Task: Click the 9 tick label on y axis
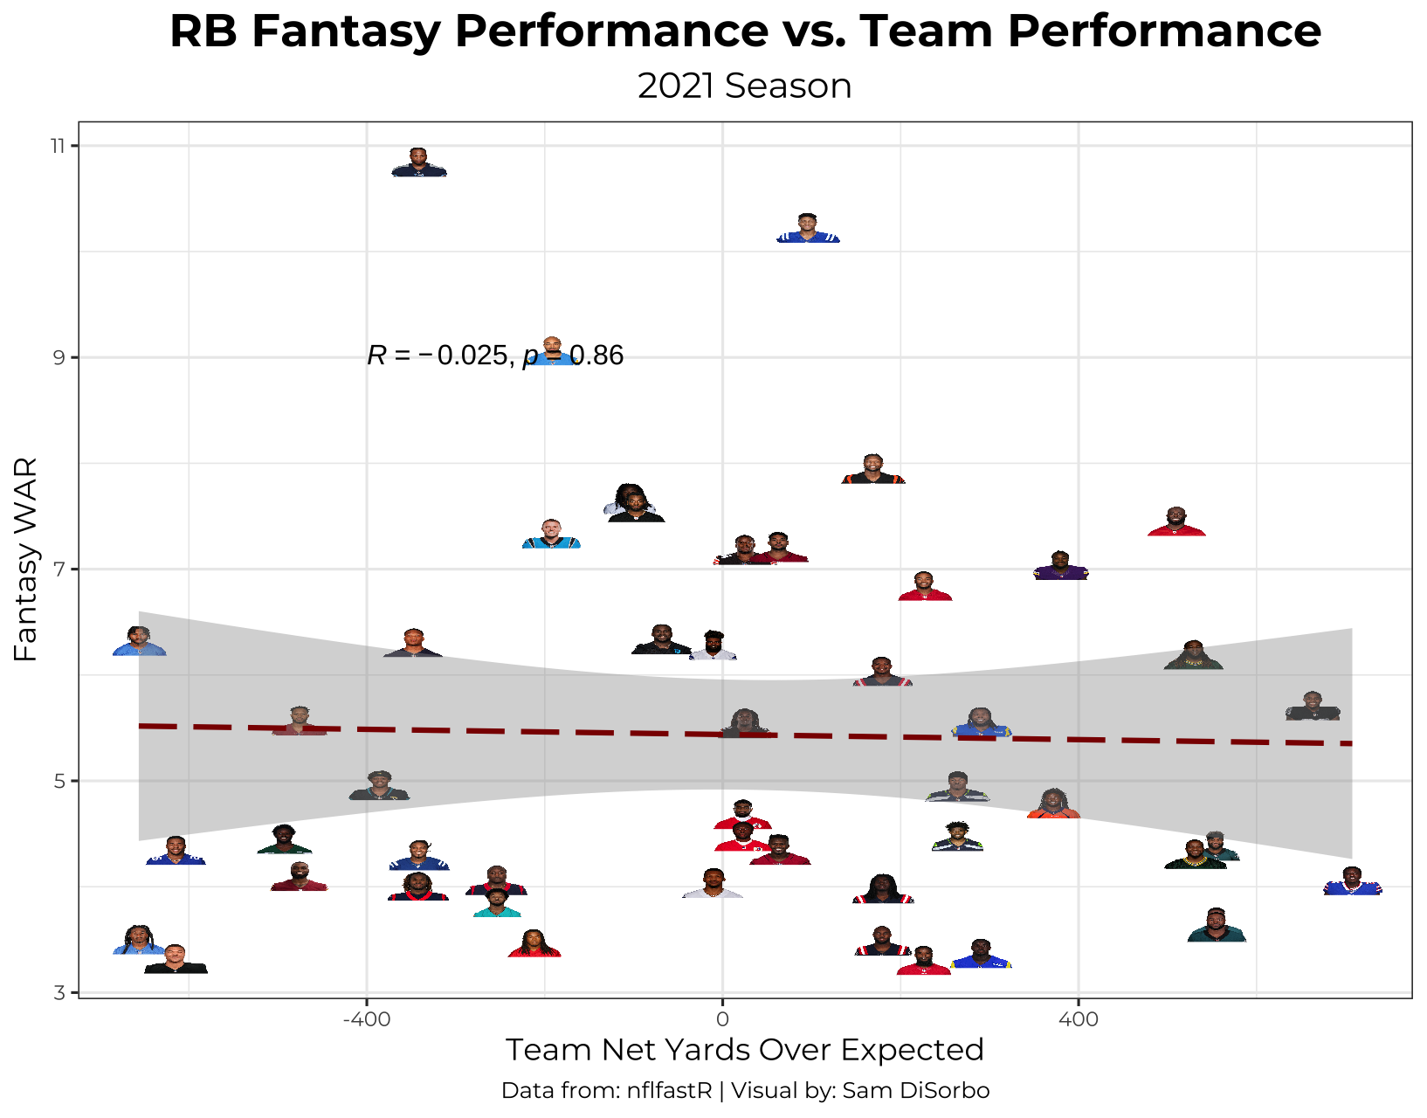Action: coord(59,357)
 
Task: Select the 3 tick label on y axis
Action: coord(59,992)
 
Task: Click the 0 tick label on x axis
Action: coord(722,1019)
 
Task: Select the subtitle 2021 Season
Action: coord(744,86)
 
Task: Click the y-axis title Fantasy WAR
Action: coord(26,559)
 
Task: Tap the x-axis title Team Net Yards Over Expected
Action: coord(744,1050)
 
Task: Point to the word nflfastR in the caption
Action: coord(669,1091)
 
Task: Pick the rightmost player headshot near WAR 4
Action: coord(1353,881)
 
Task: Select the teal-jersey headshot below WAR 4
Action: coord(497,904)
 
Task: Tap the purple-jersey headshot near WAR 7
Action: coord(1060,567)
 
